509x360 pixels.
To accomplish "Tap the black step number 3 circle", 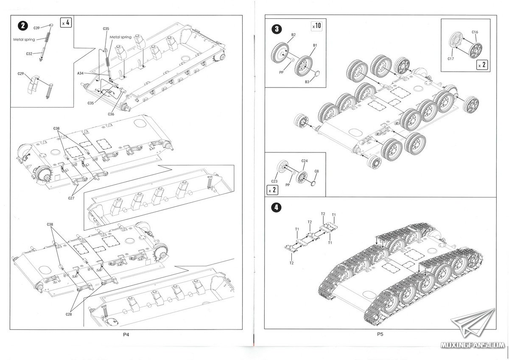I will (x=277, y=29).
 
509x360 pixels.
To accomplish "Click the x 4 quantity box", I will (x=66, y=22).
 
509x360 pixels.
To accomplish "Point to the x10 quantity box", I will (x=317, y=26).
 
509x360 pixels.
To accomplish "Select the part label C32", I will (x=29, y=54).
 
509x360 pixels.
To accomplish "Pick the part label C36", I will (x=111, y=114).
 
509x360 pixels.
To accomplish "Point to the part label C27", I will (x=71, y=198).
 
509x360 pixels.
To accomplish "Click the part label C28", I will (x=69, y=314).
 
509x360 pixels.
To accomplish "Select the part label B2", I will (x=293, y=34).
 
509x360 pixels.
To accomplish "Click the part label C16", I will (x=475, y=32).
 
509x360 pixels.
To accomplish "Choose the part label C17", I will (x=451, y=59).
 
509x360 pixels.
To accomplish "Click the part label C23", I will (x=274, y=181).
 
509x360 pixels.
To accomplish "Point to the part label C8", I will (x=316, y=171).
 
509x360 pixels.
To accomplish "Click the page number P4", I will (x=126, y=335).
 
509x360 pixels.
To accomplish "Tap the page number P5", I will (x=380, y=335).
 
